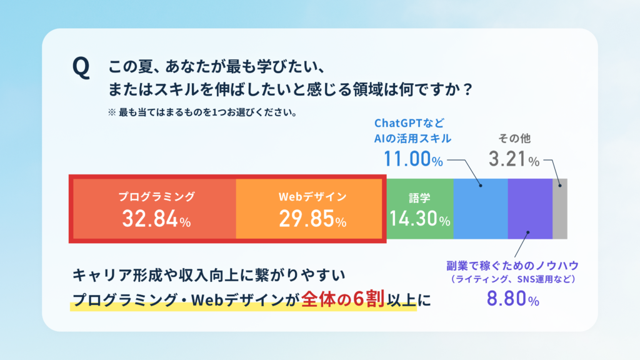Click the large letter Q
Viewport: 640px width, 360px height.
coord(81,67)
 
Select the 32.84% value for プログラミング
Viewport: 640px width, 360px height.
coord(156,219)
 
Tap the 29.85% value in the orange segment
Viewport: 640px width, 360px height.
coord(312,219)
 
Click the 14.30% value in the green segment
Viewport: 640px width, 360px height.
coord(419,218)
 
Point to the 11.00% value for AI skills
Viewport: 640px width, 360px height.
coord(413,159)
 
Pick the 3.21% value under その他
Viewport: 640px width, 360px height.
coord(514,159)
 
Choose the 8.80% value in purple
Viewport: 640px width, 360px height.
coord(512,298)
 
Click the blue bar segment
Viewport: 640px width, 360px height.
coord(481,209)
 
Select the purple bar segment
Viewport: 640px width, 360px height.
coord(530,209)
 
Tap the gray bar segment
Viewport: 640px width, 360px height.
coord(560,209)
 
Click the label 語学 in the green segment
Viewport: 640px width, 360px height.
coord(419,198)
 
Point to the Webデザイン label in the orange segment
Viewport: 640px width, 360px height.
coord(312,197)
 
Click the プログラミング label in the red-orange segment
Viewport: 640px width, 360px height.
coord(157,197)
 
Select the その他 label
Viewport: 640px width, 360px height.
coord(514,138)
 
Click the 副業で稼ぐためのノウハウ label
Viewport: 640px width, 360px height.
coord(512,266)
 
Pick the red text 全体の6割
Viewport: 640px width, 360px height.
coord(343,299)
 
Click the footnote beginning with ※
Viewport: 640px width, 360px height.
coord(202,112)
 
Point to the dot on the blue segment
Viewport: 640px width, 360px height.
coord(481,186)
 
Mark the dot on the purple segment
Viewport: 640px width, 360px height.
coord(527,232)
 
